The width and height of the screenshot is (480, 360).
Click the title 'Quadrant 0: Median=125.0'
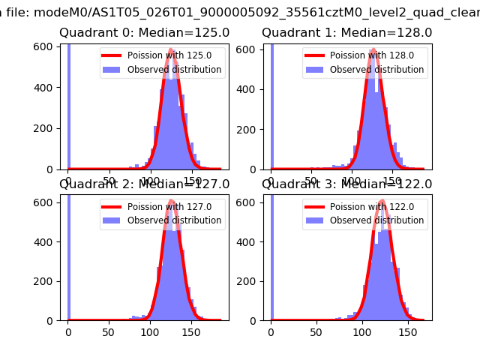144,33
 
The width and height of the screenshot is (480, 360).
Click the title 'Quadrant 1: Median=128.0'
346,33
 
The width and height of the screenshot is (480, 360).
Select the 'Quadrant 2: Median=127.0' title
144,184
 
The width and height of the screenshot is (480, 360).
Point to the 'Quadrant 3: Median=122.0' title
346,184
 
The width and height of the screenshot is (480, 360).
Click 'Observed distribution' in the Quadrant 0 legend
174,70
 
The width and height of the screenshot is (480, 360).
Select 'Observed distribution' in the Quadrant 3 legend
376,220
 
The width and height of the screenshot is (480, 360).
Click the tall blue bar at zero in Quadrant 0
68,105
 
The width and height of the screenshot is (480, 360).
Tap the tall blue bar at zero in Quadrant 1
271,105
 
